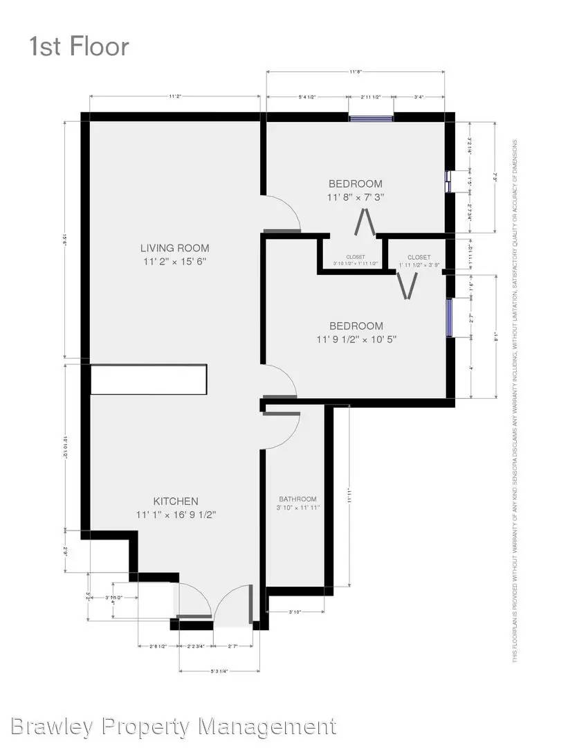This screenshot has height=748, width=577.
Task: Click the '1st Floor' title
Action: tap(79, 46)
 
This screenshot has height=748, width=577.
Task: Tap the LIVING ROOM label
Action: tap(174, 248)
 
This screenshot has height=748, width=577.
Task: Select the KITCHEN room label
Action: tap(176, 501)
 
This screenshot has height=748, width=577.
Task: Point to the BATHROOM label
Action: tap(297, 499)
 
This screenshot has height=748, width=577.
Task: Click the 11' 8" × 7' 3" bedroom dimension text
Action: tap(356, 197)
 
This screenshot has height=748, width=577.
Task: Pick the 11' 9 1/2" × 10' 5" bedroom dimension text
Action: tap(356, 339)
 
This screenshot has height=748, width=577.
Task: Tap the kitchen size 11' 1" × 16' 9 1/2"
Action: tap(176, 515)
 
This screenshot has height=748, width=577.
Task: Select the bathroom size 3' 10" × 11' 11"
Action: tap(297, 508)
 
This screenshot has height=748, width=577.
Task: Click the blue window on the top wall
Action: tap(371, 118)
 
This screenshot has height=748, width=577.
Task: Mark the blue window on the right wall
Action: tap(449, 317)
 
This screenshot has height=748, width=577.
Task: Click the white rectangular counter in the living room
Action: tap(149, 380)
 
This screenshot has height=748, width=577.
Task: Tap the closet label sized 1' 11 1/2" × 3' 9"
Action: tap(419, 262)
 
